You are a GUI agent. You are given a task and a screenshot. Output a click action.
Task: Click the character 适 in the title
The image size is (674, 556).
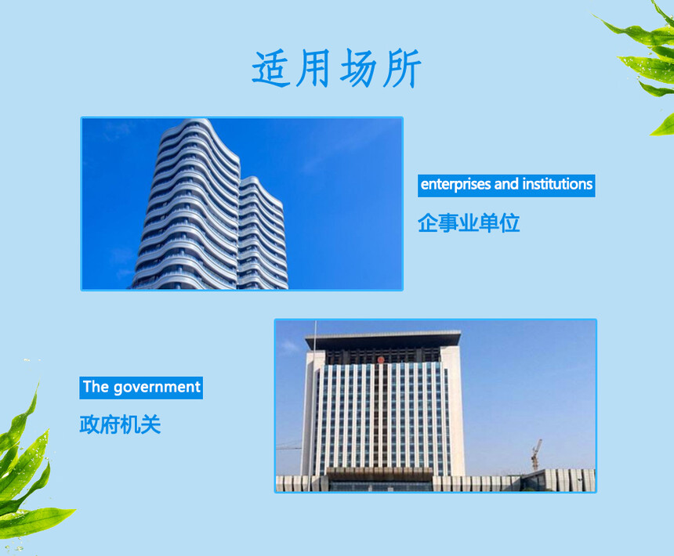pos(272,69)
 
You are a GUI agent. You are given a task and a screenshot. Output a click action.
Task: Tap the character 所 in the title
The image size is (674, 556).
pos(402,69)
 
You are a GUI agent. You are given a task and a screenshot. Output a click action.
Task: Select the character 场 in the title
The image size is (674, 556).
pos(359,68)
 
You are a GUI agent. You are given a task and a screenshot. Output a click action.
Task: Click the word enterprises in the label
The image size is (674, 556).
pos(455,185)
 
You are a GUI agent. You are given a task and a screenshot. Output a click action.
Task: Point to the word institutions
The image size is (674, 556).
pos(557,184)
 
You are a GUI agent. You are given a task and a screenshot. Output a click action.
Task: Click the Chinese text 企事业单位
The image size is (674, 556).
pos(469,223)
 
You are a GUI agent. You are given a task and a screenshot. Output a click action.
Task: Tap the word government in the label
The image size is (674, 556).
pos(157,388)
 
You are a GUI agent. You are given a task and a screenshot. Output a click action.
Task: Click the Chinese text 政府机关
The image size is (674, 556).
pos(120,424)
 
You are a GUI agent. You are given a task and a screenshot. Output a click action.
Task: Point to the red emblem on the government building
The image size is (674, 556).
pos(381,359)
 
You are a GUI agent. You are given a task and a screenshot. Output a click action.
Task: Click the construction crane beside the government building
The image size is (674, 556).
pos(535,454)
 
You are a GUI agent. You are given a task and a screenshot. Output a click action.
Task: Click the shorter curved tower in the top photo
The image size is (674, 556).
pos(262,233)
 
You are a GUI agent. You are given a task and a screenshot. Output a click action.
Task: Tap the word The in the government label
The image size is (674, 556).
pos(96,387)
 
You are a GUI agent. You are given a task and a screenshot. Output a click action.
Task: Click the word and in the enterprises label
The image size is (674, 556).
pos(506,184)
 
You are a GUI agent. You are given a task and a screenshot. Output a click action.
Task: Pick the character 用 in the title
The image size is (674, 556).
pos(315,68)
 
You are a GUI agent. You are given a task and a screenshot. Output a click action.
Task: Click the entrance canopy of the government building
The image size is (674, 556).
pos(379,475)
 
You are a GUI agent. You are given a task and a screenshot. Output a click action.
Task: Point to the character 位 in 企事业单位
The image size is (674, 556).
pos(509,223)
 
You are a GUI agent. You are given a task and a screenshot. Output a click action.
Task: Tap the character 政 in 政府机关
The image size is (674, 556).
pos(89,424)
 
